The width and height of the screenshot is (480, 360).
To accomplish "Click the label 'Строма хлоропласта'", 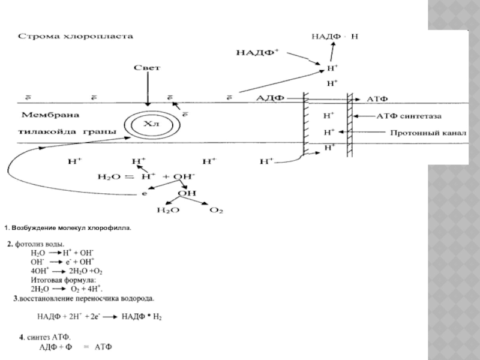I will [77, 37].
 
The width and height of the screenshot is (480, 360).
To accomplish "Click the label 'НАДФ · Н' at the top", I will [335, 37].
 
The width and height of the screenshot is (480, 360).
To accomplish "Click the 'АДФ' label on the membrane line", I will [269, 97].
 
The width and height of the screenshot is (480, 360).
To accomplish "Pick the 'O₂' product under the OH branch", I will [217, 210].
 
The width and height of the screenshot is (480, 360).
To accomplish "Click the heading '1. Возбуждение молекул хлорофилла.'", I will [67, 229].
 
